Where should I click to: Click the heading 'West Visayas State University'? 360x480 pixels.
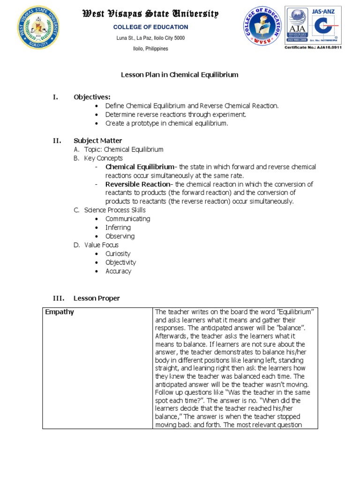click(150, 14)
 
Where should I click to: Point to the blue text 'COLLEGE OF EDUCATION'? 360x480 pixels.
click(150, 27)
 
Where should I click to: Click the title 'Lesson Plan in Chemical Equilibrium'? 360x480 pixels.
click(180, 75)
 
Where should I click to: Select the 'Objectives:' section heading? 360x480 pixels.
click(92, 97)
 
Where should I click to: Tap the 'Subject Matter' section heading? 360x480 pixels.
click(97, 141)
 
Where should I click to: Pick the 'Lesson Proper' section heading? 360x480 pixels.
click(97, 298)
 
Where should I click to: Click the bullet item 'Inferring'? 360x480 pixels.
click(118, 227)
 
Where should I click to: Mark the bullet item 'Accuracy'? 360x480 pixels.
click(119, 271)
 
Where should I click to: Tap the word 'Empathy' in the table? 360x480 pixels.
click(59, 312)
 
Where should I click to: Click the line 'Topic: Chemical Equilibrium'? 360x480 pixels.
click(124, 150)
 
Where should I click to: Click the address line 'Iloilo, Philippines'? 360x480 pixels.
click(151, 49)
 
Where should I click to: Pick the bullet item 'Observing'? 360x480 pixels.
click(120, 236)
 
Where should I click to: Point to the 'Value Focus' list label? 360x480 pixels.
click(101, 245)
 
